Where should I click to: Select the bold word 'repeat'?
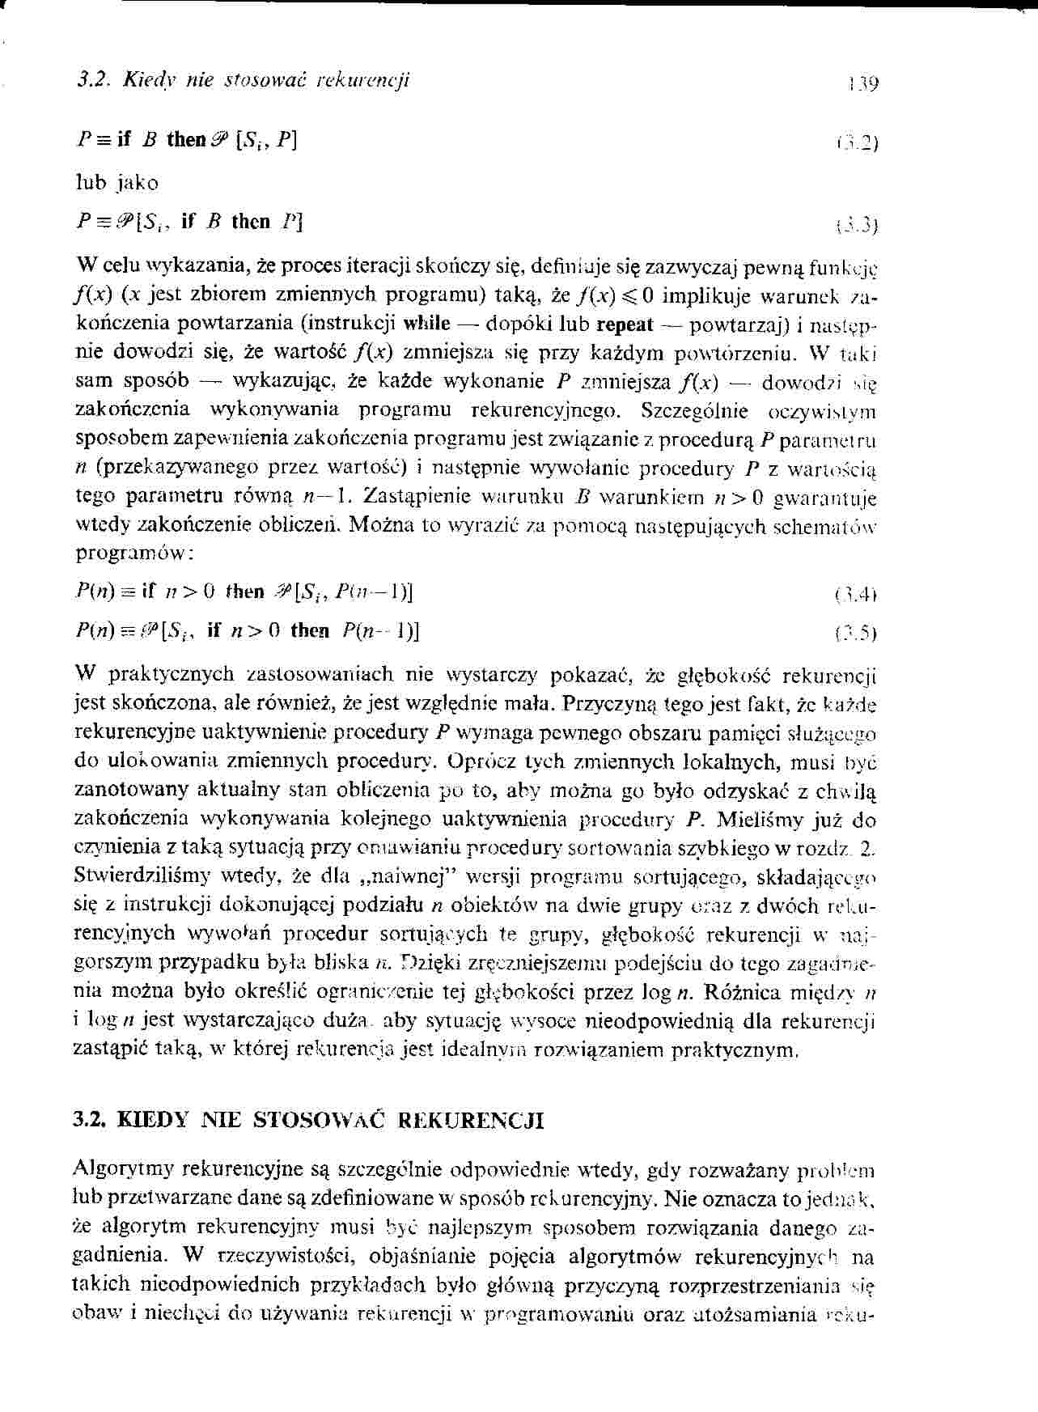(x=624, y=324)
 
